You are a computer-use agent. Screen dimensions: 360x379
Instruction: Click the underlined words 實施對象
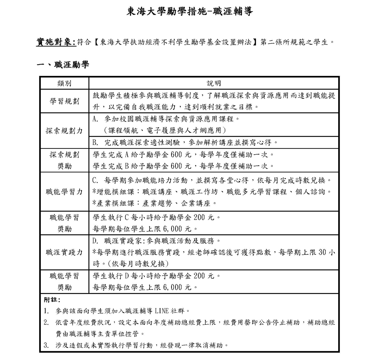click(56, 42)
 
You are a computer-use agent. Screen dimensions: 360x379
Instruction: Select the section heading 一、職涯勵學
click(63, 64)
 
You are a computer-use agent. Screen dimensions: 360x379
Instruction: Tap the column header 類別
click(64, 83)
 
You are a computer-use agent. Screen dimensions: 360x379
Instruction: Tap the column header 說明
click(213, 83)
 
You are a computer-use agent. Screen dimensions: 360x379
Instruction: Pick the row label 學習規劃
click(64, 101)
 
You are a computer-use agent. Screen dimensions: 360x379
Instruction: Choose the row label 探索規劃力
click(64, 131)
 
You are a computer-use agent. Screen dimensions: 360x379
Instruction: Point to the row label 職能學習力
click(64, 192)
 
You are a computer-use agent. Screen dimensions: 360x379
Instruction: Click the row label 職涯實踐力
click(64, 252)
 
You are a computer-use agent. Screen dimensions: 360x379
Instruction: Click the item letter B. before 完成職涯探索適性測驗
click(96, 142)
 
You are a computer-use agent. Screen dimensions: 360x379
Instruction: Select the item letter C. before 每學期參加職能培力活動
click(96, 181)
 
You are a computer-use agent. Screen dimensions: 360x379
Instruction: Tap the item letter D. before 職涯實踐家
click(96, 241)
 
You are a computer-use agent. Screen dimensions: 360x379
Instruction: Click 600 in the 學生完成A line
click(177, 155)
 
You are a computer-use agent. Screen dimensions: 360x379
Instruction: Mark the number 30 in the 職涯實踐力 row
click(322, 252)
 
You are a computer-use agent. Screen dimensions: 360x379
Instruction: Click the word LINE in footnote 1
click(162, 311)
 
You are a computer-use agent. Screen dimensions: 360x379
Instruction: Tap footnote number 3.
click(46, 345)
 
